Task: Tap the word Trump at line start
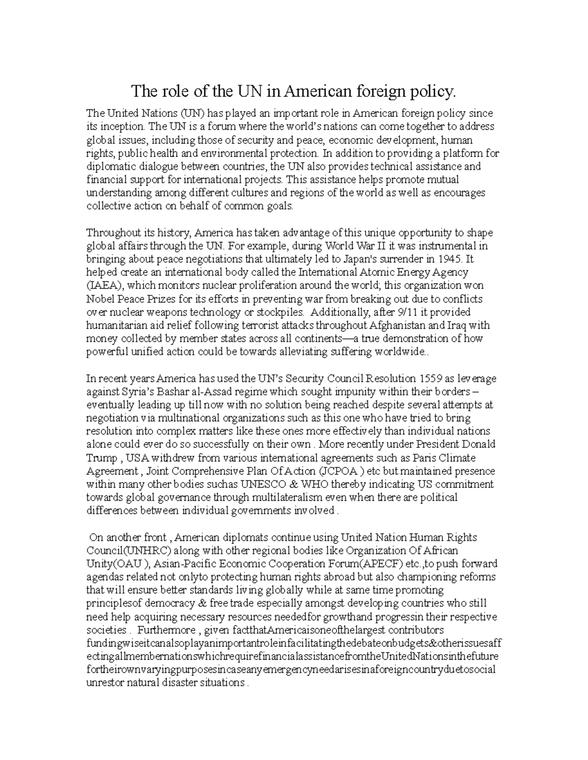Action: pyautogui.click(x=101, y=458)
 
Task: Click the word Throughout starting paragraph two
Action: pyautogui.click(x=110, y=232)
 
